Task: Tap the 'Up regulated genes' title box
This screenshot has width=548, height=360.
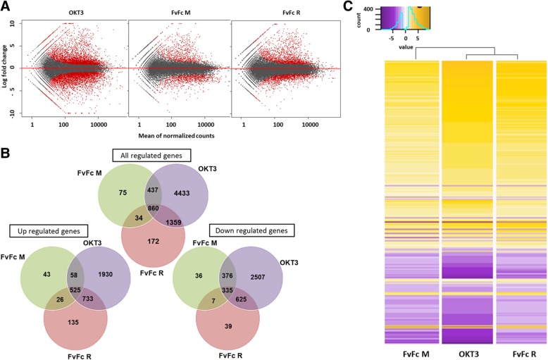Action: coord(48,230)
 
